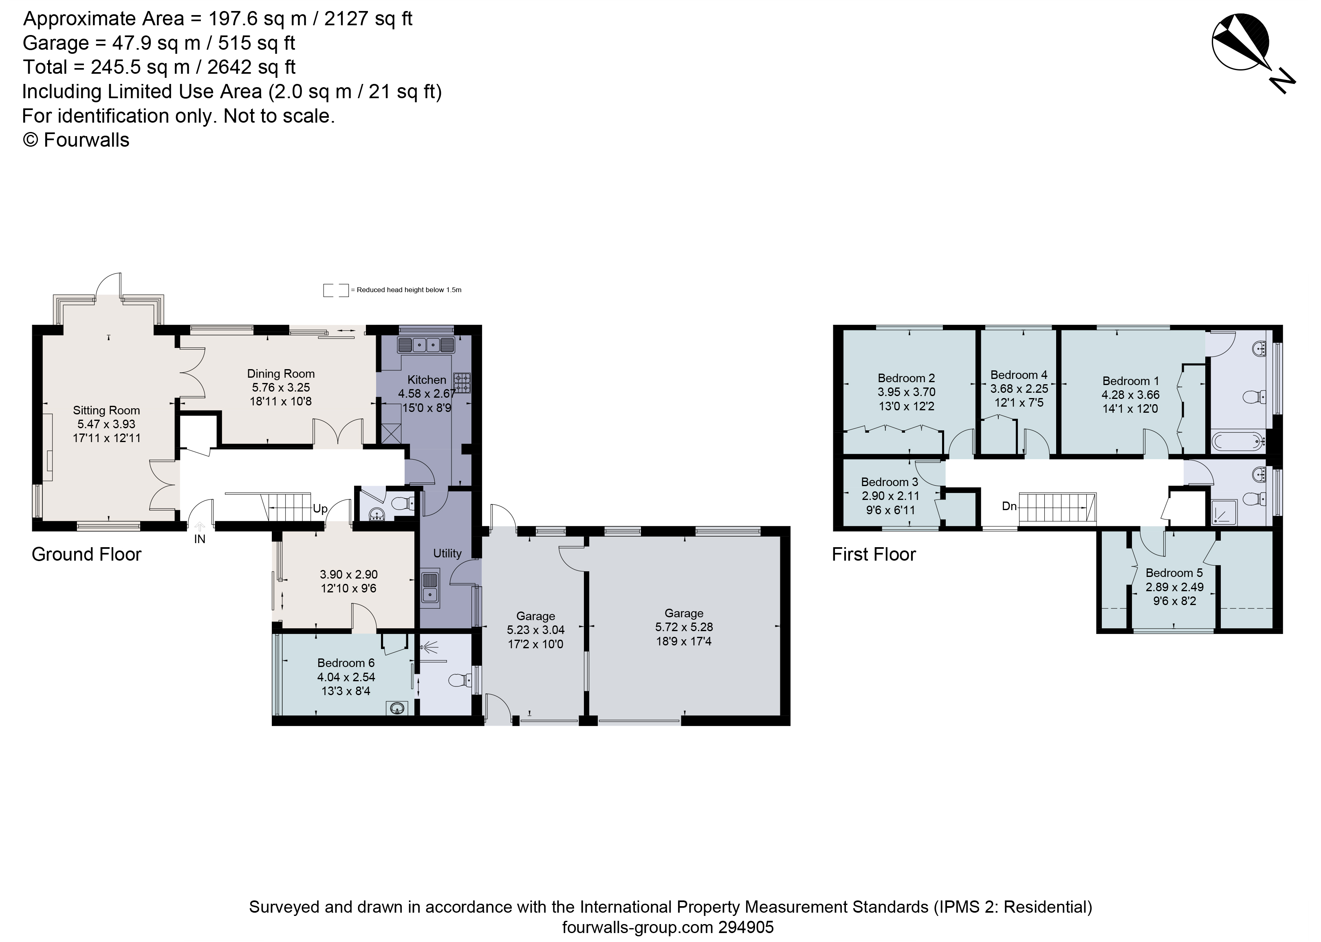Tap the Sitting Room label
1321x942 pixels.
pos(106,410)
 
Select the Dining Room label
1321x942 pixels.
pos(281,374)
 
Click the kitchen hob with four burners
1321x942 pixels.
pos(462,382)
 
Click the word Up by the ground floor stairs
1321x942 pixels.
pos(320,509)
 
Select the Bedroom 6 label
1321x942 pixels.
pos(346,662)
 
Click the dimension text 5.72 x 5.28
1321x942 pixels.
pos(684,627)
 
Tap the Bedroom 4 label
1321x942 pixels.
pos(1019,375)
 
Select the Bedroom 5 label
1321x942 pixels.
pos(1174,572)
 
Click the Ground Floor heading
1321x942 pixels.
pos(86,555)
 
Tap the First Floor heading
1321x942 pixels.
pos(874,555)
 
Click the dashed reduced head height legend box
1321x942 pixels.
pos(336,290)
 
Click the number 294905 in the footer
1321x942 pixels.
pos(746,927)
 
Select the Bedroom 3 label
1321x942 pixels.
pos(889,482)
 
